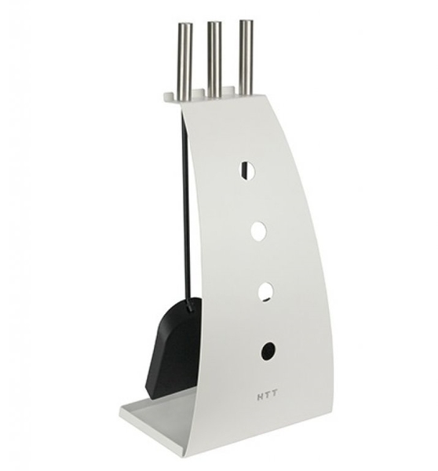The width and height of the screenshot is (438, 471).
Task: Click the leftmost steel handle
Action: pos(185,61)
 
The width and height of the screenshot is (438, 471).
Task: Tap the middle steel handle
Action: pos(214,60)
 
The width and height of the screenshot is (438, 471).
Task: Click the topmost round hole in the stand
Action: pos(247,170)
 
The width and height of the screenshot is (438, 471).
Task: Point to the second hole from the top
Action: pos(259,231)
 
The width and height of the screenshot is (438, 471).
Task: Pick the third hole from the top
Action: pos(266,291)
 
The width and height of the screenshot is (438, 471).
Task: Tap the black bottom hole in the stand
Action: pos(268,351)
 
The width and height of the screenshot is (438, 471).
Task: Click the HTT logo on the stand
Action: pos(268,396)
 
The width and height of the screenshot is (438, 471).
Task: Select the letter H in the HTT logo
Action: pos(260,396)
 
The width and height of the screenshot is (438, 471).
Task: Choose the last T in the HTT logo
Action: pos(275,396)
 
